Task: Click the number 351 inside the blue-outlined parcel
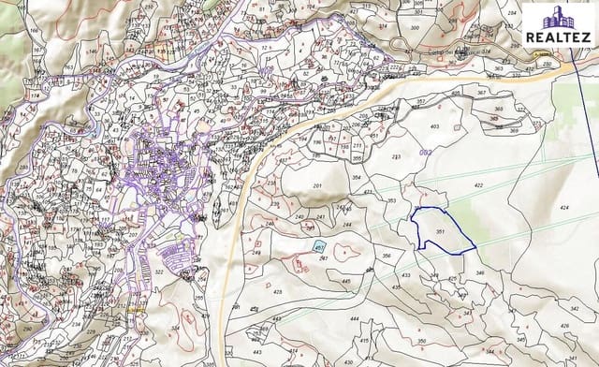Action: coord(440,232)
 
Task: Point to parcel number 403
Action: coord(434,126)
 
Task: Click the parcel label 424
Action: coord(563,206)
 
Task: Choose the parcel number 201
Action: coord(316,186)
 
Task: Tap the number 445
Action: coord(345,281)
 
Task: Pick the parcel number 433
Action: coord(405,275)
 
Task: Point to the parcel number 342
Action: coord(575,307)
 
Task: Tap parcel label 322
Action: coord(159,272)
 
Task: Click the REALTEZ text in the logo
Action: coord(558,37)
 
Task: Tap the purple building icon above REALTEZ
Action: coord(558,17)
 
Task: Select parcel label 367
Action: coord(481,93)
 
